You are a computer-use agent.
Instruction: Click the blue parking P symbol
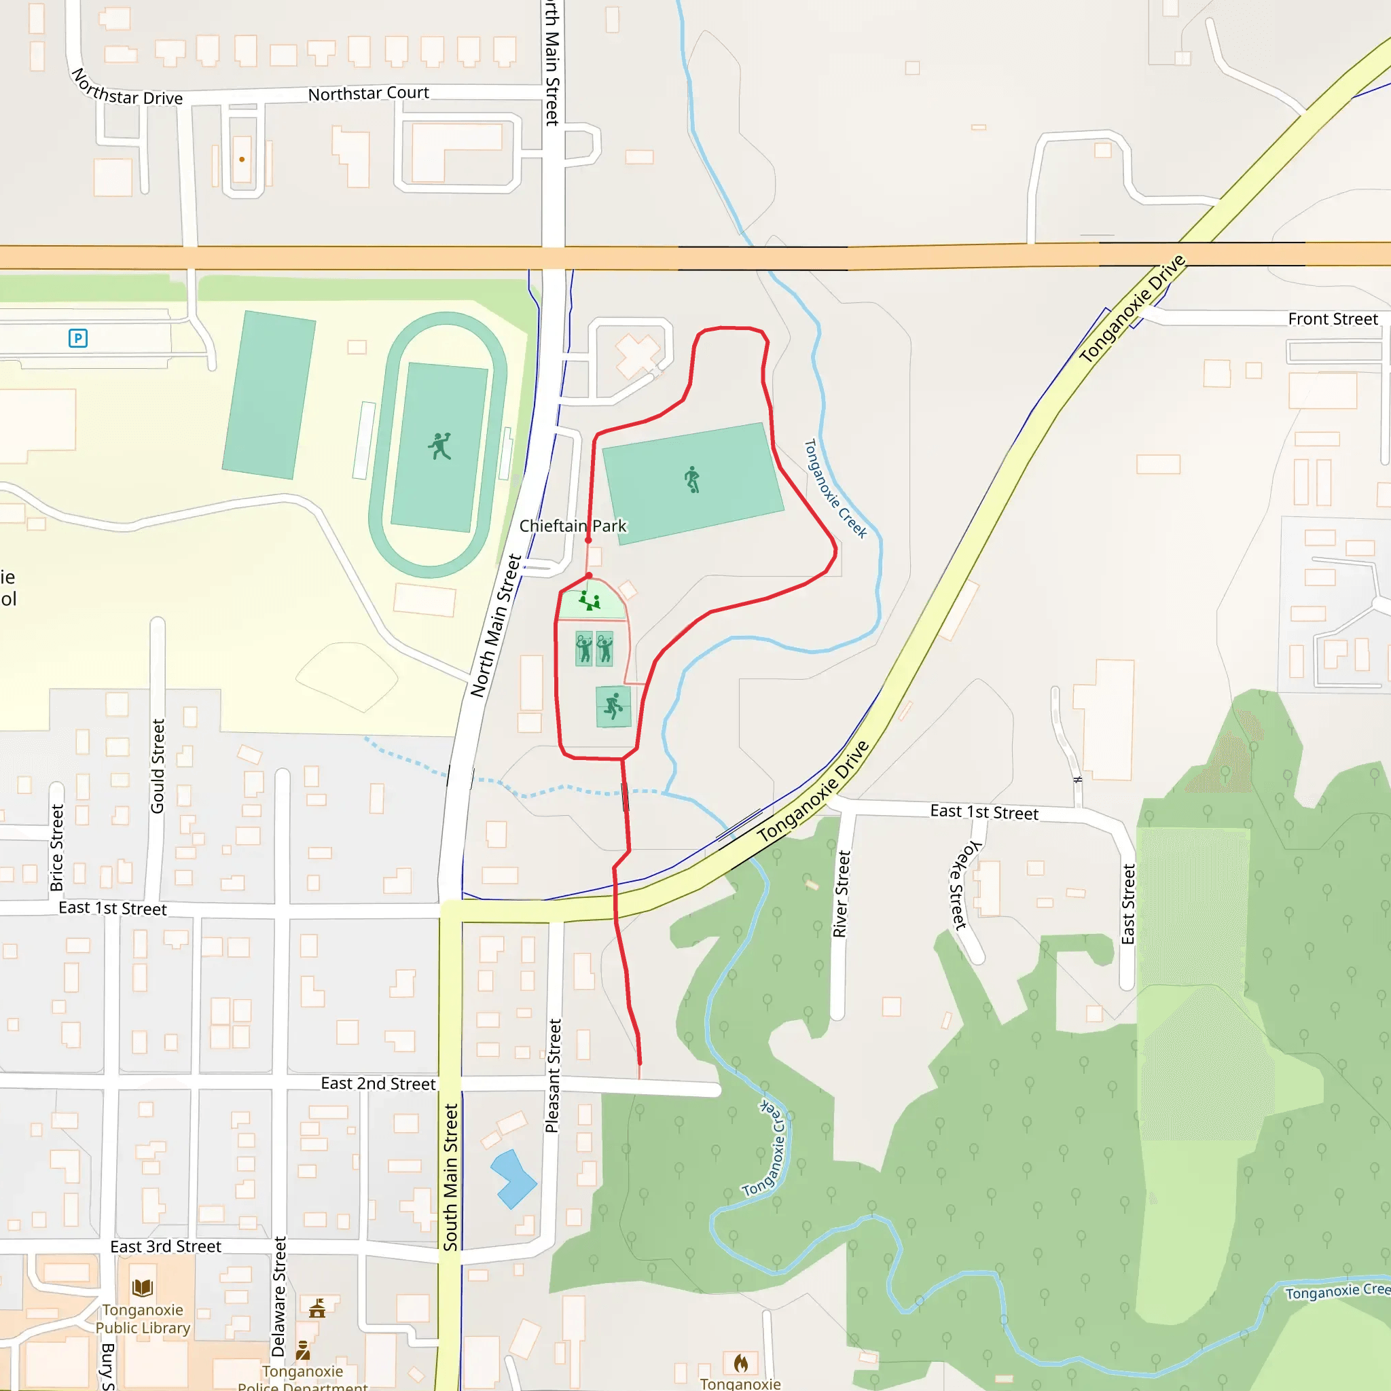77,338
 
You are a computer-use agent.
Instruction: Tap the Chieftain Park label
573,526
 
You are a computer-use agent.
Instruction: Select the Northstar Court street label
368,94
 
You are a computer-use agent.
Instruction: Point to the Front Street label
1332,319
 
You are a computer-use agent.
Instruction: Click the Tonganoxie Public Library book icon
143,1287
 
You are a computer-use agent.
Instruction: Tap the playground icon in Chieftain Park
590,600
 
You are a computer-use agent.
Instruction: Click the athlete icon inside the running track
439,446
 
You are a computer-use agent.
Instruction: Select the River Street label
841,894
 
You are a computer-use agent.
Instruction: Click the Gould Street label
158,766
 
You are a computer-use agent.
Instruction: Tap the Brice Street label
57,848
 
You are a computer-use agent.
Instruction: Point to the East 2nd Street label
378,1083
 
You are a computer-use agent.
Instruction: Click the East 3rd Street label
166,1246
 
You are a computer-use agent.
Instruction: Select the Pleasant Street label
553,1076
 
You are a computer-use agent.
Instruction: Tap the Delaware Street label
279,1296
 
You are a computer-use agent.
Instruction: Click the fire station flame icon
740,1362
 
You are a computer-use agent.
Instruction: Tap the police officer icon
303,1350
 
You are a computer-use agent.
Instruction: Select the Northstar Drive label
126,88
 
